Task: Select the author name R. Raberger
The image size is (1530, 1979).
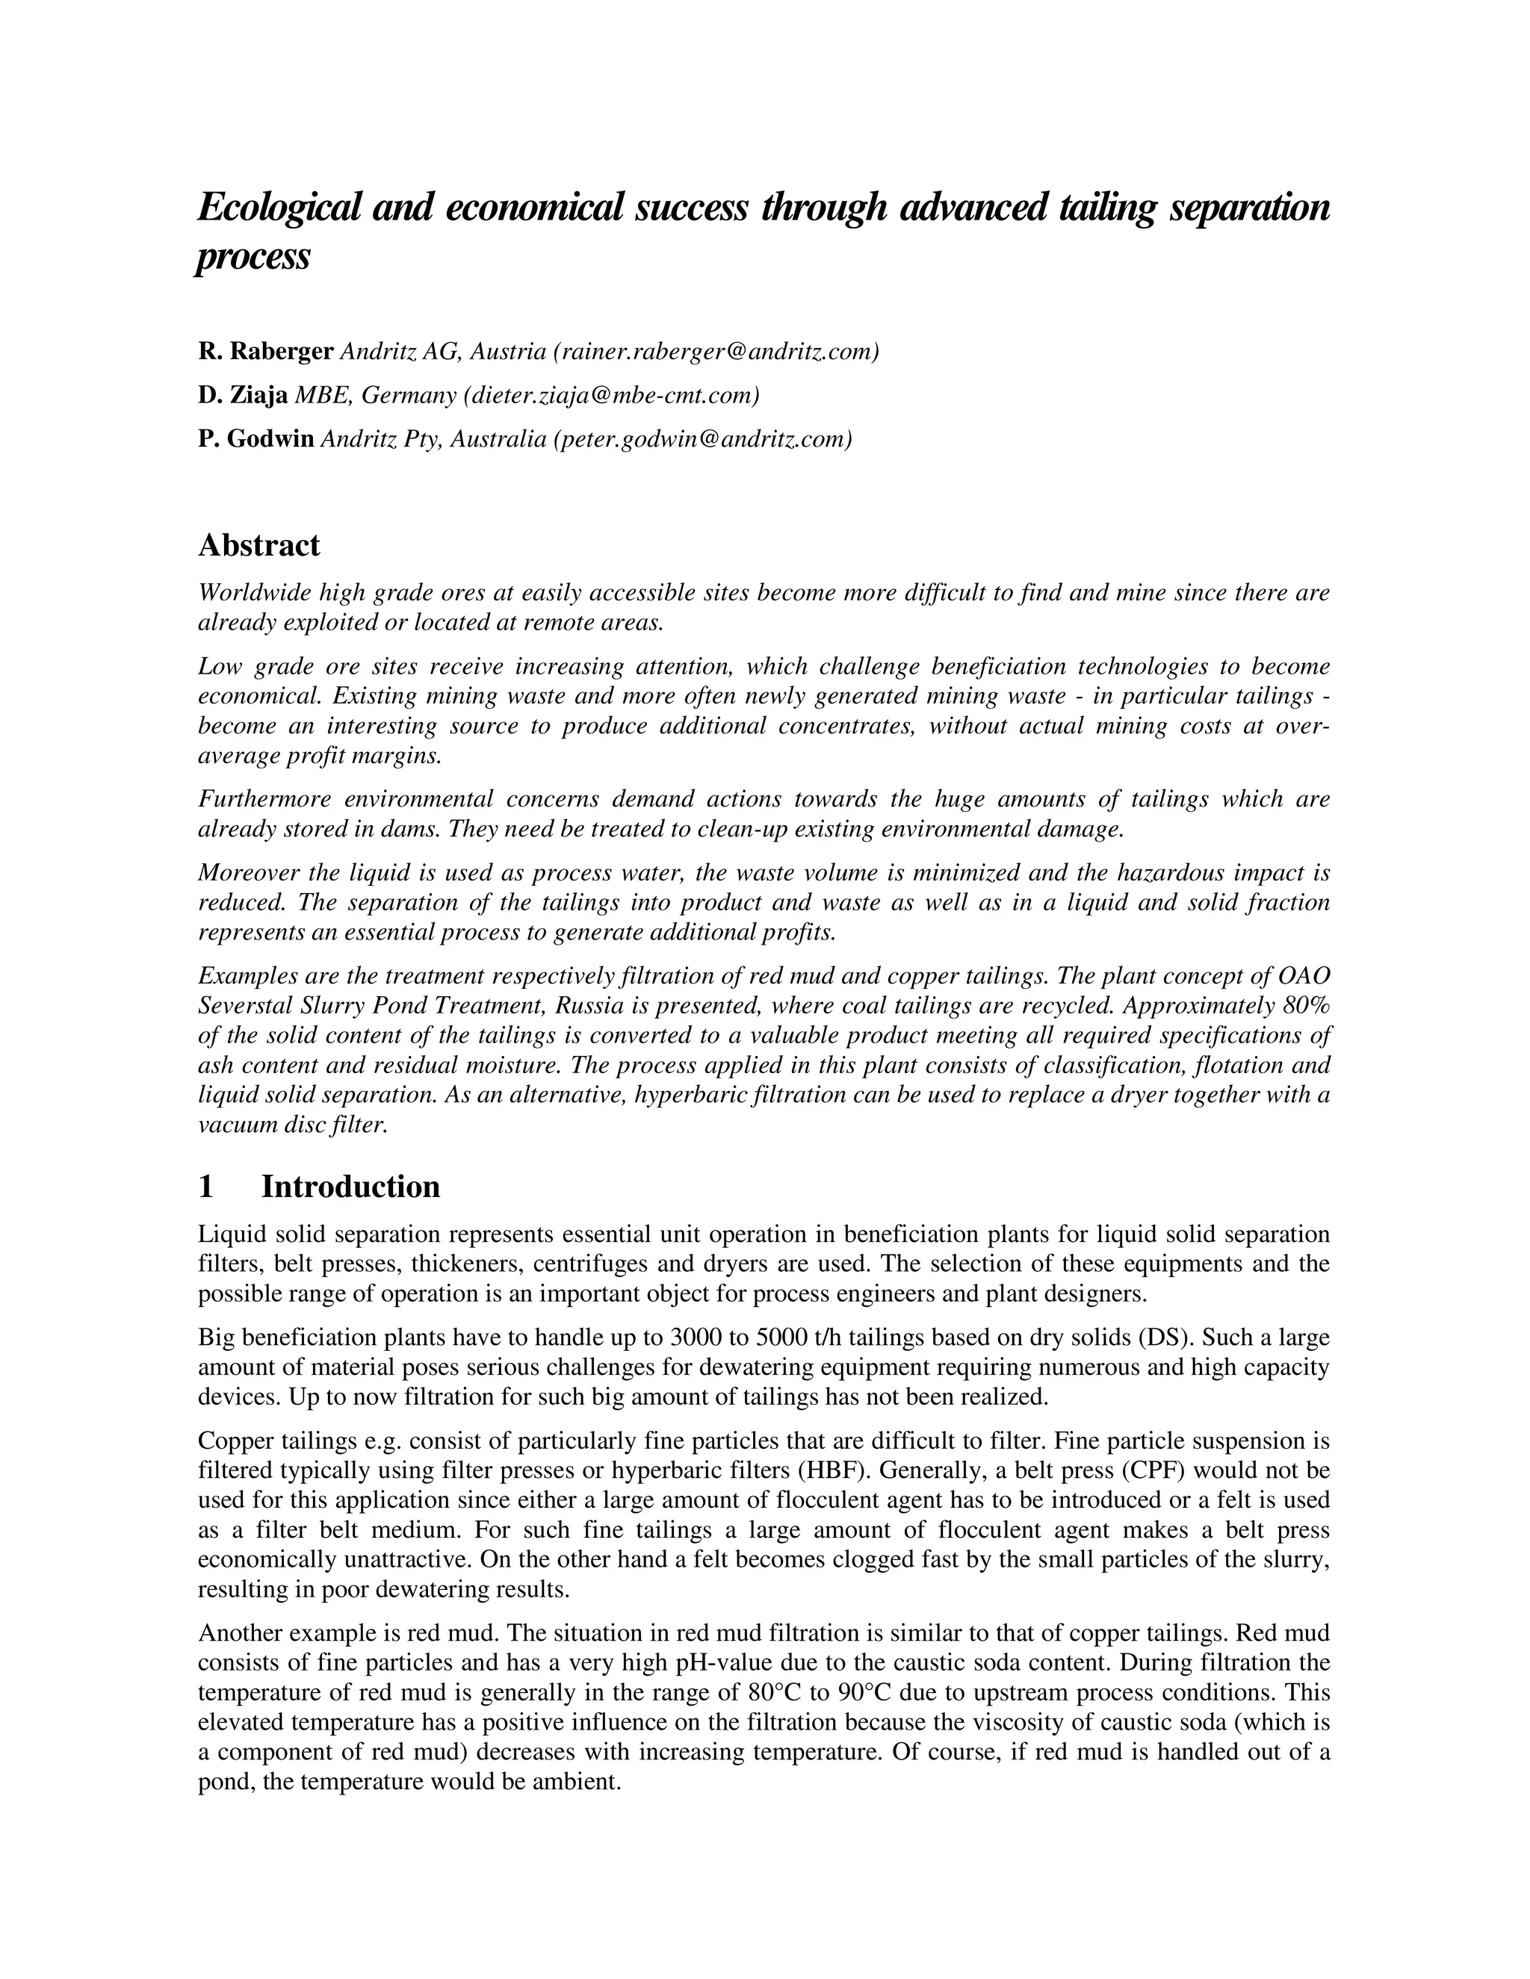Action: tap(265, 352)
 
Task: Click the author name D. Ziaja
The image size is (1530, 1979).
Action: tap(243, 395)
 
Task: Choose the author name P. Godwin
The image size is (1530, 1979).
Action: tap(256, 439)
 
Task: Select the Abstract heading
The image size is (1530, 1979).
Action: tap(258, 545)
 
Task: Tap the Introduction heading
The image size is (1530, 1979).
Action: tap(351, 1187)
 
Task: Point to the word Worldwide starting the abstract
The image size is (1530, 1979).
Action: tap(251, 594)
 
